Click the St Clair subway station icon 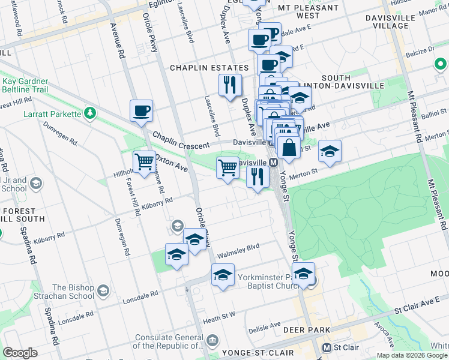point(327,348)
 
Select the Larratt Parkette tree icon point(89,113)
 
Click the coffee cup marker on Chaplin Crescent point(141,110)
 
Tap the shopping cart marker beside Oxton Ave point(144,161)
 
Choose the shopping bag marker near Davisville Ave point(289,147)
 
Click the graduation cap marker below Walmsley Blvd point(223,275)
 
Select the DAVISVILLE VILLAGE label point(390,22)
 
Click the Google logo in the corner point(20,353)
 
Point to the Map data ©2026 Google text point(411,355)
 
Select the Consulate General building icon point(212,341)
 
